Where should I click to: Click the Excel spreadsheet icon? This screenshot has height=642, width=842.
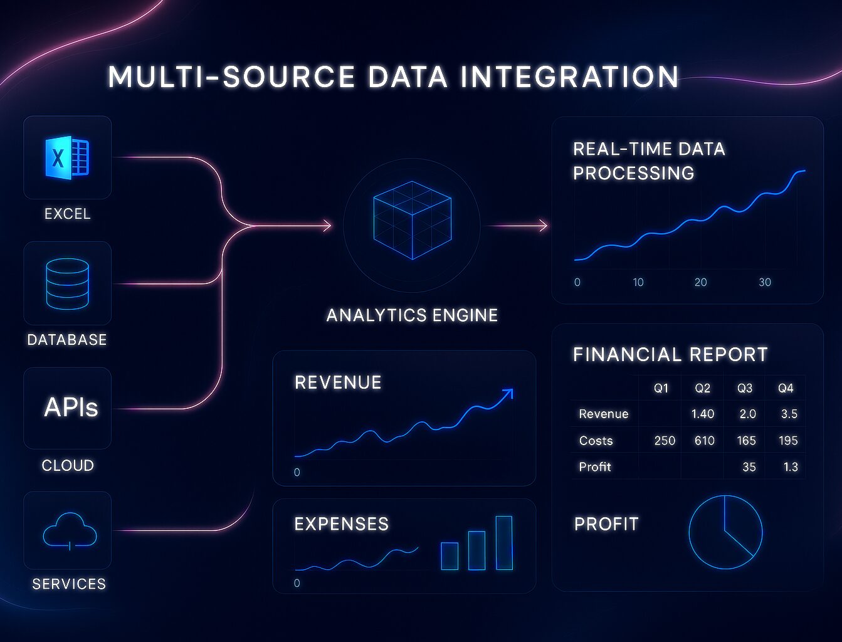point(67,157)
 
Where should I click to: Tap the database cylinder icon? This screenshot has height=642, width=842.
point(68,284)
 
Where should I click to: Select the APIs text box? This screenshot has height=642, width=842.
point(71,408)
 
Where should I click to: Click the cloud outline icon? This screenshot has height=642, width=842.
point(70,531)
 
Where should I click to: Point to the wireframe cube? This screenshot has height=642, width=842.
point(413,221)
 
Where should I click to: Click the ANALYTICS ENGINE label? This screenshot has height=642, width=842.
point(412,315)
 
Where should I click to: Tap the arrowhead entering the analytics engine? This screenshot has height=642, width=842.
point(327,226)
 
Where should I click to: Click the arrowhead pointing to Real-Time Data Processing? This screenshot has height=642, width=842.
point(543,226)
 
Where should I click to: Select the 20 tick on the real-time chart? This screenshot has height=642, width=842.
point(700,282)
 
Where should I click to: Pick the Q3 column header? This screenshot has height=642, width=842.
point(745,388)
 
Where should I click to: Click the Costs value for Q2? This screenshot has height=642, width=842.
point(704,440)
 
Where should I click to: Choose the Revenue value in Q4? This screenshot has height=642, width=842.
point(789,414)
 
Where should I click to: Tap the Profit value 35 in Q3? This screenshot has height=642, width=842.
point(749,466)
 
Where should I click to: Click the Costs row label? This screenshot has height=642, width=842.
point(596,440)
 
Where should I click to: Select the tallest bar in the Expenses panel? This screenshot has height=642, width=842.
point(504,543)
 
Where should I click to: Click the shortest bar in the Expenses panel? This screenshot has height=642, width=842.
point(450,556)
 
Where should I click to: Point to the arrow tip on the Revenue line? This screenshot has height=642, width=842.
point(512,389)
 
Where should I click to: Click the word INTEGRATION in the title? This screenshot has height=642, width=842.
point(569,76)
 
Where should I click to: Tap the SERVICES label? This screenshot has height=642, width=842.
point(69,584)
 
